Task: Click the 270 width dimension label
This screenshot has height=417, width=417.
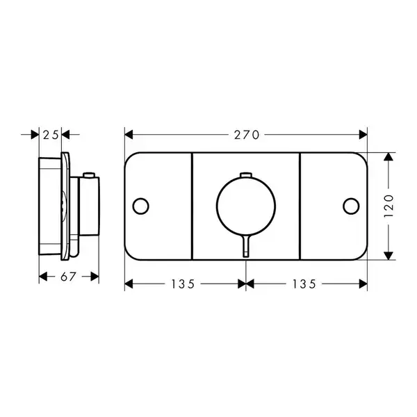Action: pyautogui.click(x=246, y=135)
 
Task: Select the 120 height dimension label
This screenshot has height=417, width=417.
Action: pyautogui.click(x=389, y=206)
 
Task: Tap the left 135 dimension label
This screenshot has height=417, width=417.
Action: pyautogui.click(x=183, y=284)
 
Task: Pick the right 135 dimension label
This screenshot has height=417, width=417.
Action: pyautogui.click(x=304, y=284)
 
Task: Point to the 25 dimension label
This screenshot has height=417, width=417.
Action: pyautogui.click(x=51, y=135)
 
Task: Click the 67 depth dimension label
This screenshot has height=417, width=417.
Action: pyautogui.click(x=68, y=277)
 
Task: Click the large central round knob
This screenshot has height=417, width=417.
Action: pyautogui.click(x=246, y=206)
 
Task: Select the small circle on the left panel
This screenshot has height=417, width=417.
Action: pyautogui.click(x=140, y=206)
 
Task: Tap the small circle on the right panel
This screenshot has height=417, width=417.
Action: pyautogui.click(x=351, y=206)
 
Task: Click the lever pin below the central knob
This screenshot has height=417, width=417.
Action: pyautogui.click(x=246, y=246)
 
